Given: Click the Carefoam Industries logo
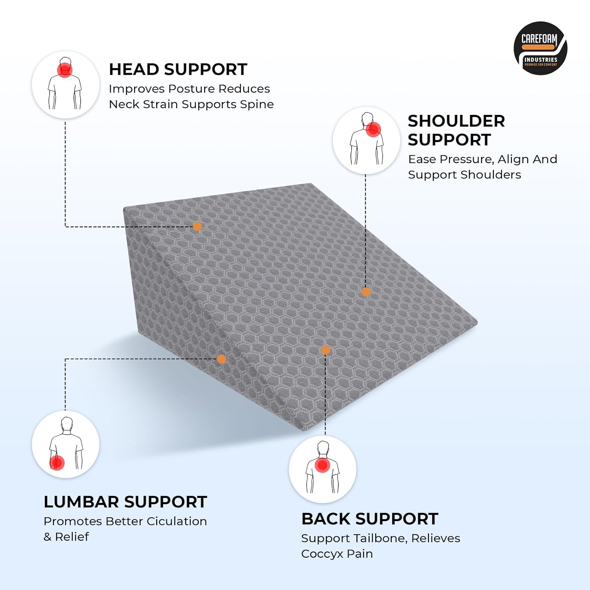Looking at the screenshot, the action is click(540, 48).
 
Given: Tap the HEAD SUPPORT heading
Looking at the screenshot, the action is click(178, 70).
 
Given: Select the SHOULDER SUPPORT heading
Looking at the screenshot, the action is click(456, 130).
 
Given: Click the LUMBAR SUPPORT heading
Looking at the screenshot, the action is click(125, 502).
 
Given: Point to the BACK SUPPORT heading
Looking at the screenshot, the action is click(370, 519).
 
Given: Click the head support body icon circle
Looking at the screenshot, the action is click(65, 85).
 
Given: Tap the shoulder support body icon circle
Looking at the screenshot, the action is click(366, 140).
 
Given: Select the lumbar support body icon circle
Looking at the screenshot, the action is click(65, 444).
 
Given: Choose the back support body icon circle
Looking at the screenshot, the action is click(323, 469).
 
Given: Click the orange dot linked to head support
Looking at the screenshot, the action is click(197, 227).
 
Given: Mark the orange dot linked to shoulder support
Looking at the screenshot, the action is click(366, 292).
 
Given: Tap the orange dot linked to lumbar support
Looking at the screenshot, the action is click(221, 359).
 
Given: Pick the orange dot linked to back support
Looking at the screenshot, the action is click(325, 350).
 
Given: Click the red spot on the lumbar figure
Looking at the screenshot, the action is click(57, 463).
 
